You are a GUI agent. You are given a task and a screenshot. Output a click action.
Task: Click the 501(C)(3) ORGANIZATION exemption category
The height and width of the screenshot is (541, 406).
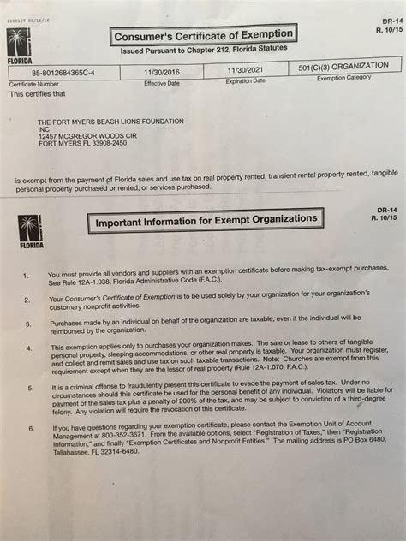[x=344, y=65]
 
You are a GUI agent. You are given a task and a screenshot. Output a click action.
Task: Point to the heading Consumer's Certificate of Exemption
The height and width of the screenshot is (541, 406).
[x=202, y=35]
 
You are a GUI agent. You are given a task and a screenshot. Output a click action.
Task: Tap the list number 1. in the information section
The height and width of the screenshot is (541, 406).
[x=27, y=276]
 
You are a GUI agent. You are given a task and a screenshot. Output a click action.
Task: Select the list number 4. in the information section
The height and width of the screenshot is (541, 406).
[x=28, y=348]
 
